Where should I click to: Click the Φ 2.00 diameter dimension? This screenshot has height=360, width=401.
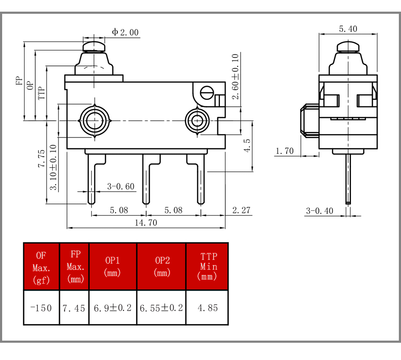click(x=125, y=32)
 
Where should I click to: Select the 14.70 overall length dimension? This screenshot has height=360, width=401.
click(x=146, y=223)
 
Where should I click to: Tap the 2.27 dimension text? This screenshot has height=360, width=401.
click(x=241, y=210)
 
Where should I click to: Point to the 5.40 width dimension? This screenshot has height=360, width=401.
click(x=348, y=29)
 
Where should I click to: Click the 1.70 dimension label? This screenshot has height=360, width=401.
click(x=285, y=151)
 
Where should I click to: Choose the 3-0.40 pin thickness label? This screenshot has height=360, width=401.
click(x=320, y=211)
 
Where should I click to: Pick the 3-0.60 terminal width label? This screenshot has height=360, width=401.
click(x=121, y=186)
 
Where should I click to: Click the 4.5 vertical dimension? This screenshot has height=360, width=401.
click(x=247, y=145)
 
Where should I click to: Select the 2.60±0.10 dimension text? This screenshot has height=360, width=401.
click(x=235, y=76)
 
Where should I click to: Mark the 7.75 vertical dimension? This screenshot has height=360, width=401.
click(x=41, y=159)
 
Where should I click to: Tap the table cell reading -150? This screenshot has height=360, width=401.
click(x=41, y=308)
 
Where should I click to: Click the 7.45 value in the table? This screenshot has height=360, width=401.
click(x=74, y=308)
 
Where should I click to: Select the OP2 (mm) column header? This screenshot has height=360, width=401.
click(x=162, y=266)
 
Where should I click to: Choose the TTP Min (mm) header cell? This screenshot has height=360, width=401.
click(x=207, y=266)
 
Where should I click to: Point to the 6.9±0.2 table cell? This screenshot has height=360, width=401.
click(x=113, y=308)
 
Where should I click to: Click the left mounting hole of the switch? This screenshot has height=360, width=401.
click(x=94, y=121)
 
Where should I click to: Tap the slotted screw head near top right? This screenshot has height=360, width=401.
click(x=207, y=93)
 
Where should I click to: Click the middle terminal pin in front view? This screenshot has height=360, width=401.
click(x=146, y=179)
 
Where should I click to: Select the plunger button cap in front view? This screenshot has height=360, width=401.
click(x=94, y=47)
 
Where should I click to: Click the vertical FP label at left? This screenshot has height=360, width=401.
click(x=19, y=81)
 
